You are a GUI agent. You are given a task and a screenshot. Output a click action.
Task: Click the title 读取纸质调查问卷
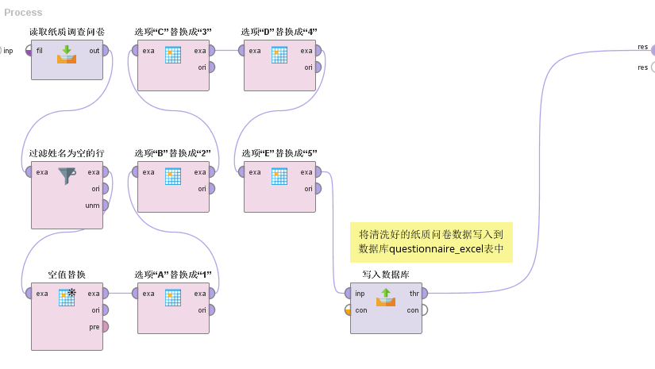[67, 32]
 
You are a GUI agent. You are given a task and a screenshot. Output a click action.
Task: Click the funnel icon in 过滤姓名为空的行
[67, 176]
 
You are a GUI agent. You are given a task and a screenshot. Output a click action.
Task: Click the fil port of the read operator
[29, 51]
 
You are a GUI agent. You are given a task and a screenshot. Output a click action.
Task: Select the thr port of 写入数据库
[426, 294]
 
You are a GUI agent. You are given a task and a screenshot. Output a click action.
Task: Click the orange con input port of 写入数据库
[349, 310]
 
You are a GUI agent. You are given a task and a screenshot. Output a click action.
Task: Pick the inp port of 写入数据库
[349, 294]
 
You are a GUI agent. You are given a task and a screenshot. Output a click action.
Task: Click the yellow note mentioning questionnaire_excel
[432, 243]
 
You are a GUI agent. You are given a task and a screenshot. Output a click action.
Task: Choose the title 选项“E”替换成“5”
[279, 153]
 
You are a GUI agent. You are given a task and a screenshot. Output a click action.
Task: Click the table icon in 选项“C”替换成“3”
[173, 55]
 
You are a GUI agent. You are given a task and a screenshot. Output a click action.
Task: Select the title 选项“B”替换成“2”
[172, 153]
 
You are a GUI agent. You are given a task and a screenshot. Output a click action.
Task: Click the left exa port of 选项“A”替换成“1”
[136, 294]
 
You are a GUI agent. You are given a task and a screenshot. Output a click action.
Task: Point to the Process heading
[23, 13]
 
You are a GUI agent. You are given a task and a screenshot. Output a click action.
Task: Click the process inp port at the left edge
[2, 51]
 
